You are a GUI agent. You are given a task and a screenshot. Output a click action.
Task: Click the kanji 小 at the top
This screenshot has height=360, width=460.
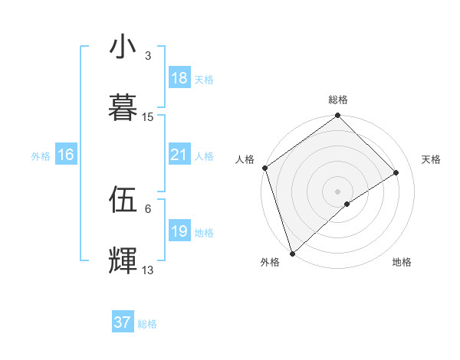pos(123,47)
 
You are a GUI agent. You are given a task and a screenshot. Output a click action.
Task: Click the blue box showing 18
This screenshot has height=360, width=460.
pos(179,78)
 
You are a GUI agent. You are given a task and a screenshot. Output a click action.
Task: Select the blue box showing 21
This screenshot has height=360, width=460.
pos(179,155)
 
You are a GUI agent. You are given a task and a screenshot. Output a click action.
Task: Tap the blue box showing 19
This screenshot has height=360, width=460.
pos(179,232)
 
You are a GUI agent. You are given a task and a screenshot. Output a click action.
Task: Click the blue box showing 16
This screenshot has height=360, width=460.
pos(66,155)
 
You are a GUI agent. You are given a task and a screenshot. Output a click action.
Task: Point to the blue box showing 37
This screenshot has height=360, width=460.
pos(123,322)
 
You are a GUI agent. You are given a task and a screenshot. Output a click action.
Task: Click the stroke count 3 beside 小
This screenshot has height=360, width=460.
pos(148,56)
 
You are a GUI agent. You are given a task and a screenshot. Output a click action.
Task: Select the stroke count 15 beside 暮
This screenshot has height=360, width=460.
pos(148,117)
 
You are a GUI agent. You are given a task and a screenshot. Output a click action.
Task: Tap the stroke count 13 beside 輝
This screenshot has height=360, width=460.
pos(148,270)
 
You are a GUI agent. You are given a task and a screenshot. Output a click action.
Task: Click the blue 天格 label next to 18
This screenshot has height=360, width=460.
pos(204,79)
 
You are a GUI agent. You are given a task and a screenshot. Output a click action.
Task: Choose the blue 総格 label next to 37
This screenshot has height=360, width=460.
pos(147,324)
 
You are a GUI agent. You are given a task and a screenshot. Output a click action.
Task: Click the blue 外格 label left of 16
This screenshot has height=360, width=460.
pos(41,156)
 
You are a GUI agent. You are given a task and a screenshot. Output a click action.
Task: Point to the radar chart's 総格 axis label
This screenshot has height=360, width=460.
pos(338,100)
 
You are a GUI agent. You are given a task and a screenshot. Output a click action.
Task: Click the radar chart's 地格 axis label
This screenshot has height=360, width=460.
pos(402,262)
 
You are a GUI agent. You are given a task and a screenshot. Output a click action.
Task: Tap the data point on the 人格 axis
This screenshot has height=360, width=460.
pos(264,168)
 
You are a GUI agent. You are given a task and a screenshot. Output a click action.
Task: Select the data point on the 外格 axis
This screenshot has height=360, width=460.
pos(292,253)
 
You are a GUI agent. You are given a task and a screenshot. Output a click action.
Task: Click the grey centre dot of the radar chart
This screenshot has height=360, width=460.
pos(338,191)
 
